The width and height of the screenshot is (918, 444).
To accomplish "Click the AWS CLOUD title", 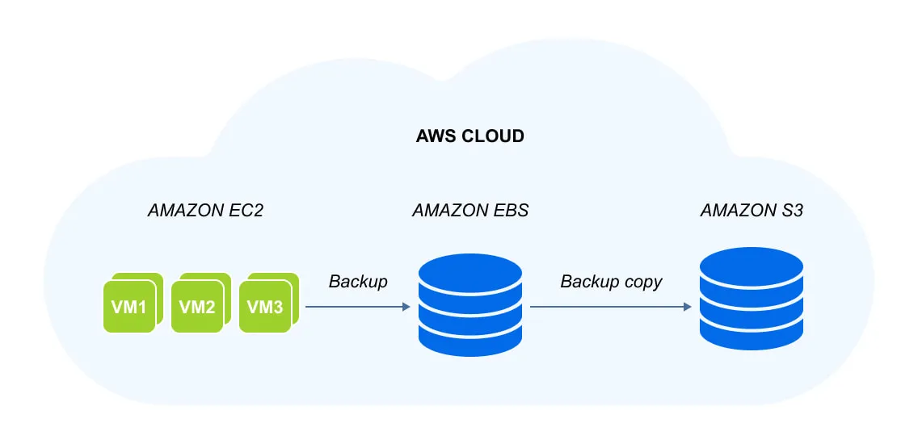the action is (470, 137).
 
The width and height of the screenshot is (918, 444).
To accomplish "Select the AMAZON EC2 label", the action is (205, 211).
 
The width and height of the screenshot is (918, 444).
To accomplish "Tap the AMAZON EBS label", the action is (470, 211).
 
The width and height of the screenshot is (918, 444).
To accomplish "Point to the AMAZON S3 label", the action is (752, 211).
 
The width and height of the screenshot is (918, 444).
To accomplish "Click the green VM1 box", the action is (129, 307).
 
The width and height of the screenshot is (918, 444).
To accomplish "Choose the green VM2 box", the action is (197, 307).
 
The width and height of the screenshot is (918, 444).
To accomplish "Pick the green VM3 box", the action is (265, 307).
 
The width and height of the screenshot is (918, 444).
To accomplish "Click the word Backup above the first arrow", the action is (358, 282).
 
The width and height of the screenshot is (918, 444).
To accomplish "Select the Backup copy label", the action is (611, 282).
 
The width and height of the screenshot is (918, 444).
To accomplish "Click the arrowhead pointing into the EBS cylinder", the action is (406, 307).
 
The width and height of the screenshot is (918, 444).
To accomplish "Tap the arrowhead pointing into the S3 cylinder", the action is (688, 307).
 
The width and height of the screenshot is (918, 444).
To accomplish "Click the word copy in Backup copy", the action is (642, 283).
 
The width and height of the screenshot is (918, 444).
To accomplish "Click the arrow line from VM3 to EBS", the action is (358, 307).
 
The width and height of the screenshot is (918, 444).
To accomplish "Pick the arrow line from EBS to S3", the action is (611, 307).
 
